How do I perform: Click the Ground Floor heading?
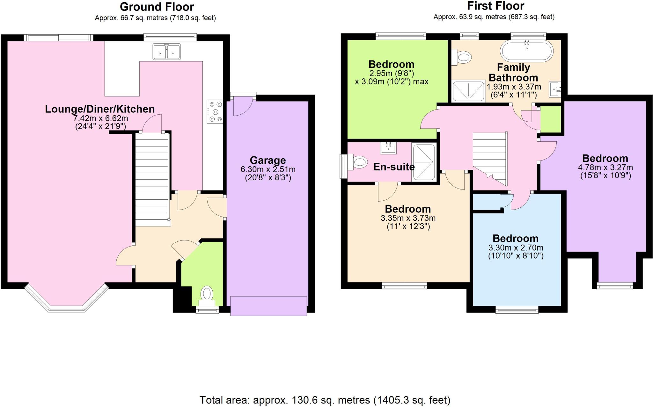click(157, 7)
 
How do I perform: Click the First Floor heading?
click(495, 6)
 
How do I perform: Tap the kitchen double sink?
click(166, 52)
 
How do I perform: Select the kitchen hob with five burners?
click(215, 111)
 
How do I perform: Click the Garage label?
click(268, 160)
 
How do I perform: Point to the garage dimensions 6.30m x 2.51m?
click(268, 169)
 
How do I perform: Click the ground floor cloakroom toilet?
click(207, 294)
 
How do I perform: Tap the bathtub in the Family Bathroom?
click(526, 51)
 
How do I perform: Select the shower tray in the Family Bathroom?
click(469, 91)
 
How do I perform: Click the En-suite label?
click(394, 167)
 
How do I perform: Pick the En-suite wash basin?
click(388, 148)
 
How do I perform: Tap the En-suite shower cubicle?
click(424, 162)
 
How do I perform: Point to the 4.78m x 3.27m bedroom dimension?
click(605, 168)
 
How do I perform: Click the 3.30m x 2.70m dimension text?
click(516, 248)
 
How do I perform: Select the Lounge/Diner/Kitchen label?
click(100, 109)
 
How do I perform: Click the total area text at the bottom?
click(325, 400)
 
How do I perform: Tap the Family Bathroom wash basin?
click(554, 89)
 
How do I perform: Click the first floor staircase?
click(490, 156)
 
